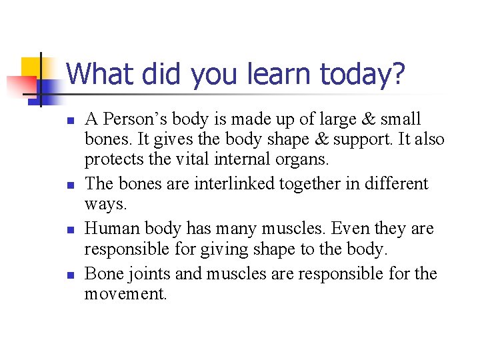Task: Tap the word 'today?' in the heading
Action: tap(363, 75)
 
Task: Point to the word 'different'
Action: tap(391, 183)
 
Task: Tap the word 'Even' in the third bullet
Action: tap(351, 229)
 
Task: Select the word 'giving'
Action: tap(203, 250)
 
